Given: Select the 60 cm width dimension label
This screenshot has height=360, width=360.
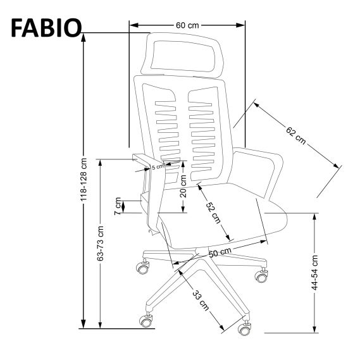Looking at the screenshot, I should (x=187, y=25).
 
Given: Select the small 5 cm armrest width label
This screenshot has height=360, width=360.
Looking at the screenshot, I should (x=158, y=167).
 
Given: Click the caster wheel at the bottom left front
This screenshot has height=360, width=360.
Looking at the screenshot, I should (x=147, y=321).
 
